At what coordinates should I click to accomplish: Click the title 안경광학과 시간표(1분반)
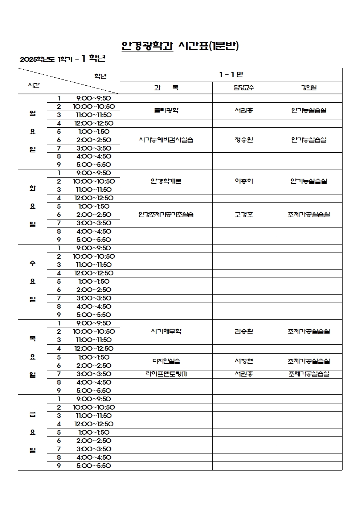pos(180,46)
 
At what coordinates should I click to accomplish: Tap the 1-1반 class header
pos(231,75)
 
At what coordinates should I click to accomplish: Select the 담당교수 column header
pos(244,88)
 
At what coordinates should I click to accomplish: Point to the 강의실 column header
pos(309,88)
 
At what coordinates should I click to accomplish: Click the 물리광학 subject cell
pos(166,111)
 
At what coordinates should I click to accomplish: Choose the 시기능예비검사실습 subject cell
pos(166,140)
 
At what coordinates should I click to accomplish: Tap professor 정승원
pos(244,140)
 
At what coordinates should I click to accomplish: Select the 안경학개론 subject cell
pos(166,181)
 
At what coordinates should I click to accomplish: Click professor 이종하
pos(244,181)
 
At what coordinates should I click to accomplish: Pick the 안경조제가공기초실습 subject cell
pos(166,215)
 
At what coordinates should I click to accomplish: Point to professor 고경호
pos(244,215)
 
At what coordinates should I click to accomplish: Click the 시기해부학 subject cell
pos(166,331)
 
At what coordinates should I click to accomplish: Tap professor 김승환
pos(244,331)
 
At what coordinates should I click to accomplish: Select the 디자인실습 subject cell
pos(166,361)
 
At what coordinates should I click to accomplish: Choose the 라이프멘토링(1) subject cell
pos(166,374)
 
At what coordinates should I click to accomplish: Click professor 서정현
pos(244,361)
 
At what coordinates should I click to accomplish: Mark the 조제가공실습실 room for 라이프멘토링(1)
pos(309,374)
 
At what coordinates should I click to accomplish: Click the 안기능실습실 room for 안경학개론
pos(309,181)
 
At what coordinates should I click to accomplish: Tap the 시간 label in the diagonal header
pos(34,86)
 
